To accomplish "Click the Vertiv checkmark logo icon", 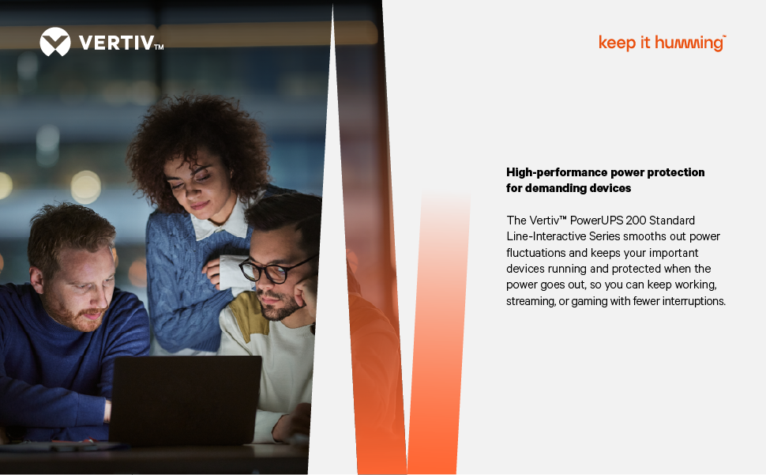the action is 54,42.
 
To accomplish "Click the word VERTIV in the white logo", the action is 117,43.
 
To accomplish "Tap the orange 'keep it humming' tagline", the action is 662,43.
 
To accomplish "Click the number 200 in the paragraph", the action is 636,221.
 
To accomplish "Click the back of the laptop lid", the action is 185,399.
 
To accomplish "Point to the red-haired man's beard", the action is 77,315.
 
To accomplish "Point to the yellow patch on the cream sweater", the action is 246,315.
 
